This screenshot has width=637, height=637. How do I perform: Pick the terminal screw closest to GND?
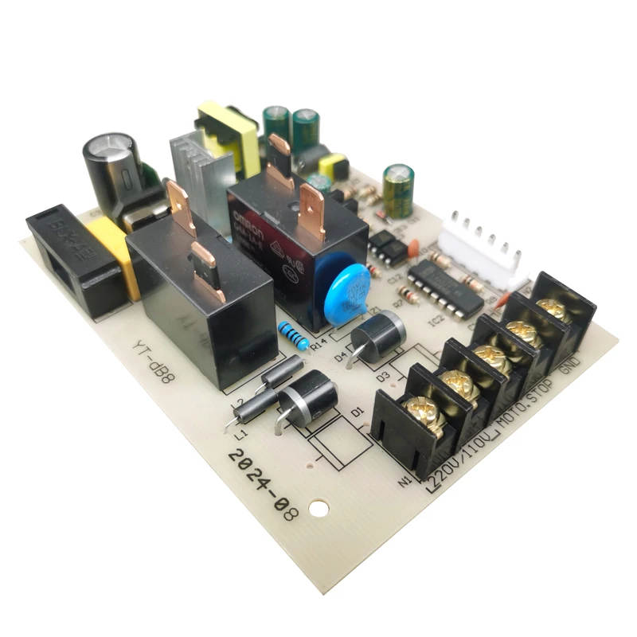(556, 311)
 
